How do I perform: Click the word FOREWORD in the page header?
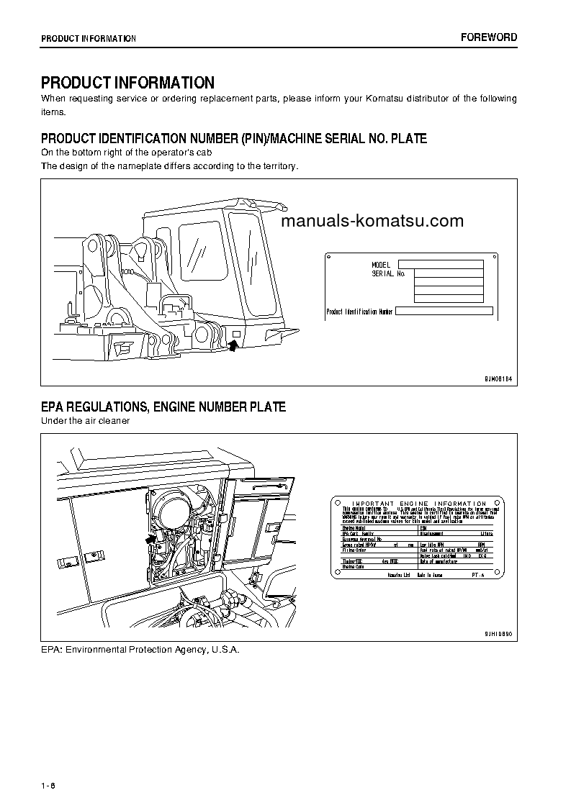[488, 37]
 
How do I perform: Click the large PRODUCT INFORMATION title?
[127, 83]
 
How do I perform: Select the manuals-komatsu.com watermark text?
[372, 221]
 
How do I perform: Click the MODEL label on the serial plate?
[381, 265]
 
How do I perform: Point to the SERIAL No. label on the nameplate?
[389, 274]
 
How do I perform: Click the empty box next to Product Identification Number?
[444, 312]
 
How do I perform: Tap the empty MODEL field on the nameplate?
[440, 264]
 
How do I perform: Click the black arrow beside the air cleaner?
[151, 537]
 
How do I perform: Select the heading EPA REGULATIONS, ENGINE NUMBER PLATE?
[163, 407]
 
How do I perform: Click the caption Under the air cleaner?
[85, 421]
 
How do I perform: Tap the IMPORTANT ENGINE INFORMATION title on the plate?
[418, 504]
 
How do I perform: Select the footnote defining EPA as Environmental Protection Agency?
[140, 650]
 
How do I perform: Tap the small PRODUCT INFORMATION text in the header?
[89, 38]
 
